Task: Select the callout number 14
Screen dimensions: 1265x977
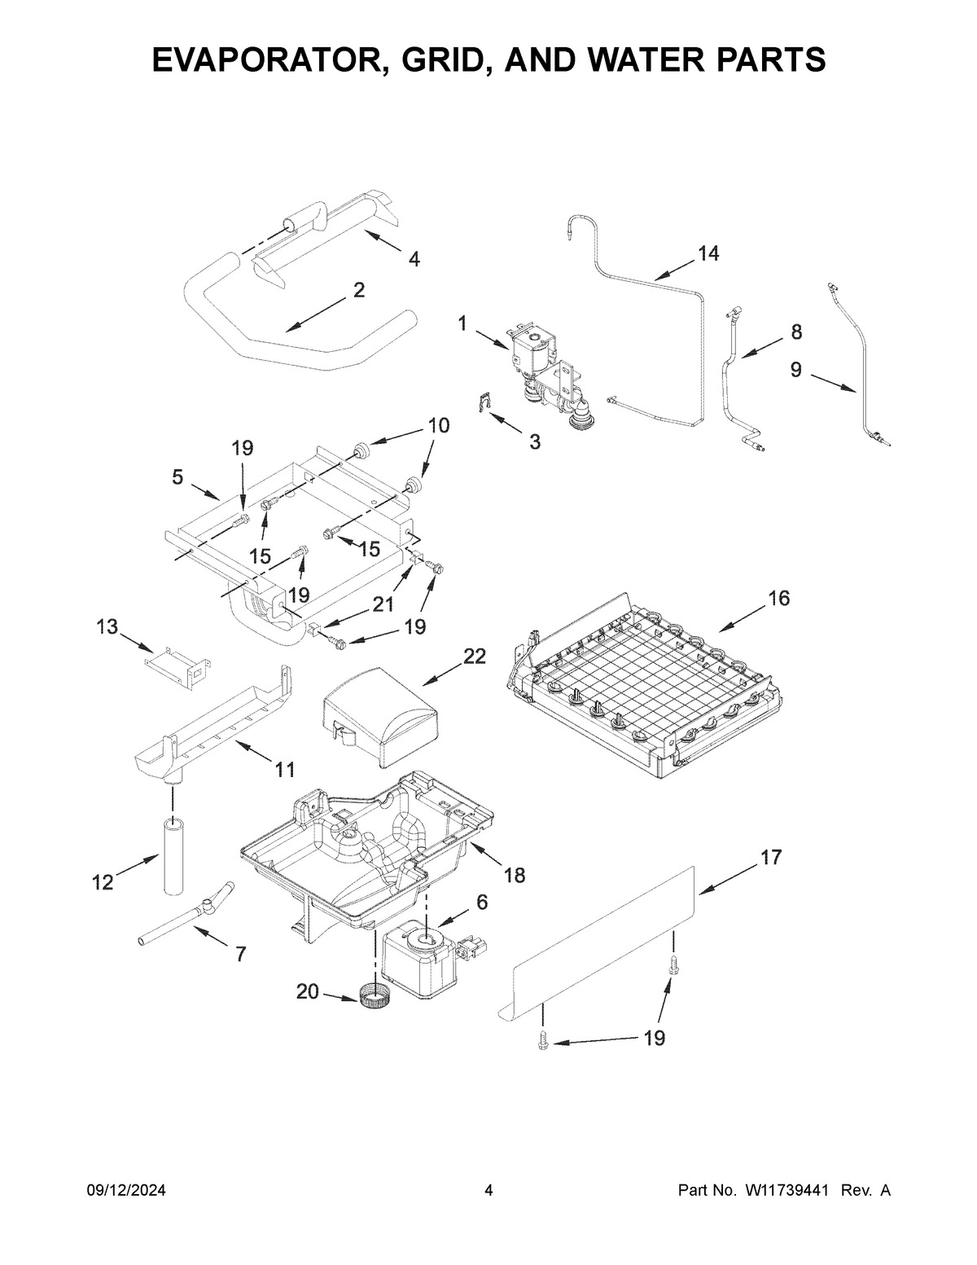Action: tap(708, 254)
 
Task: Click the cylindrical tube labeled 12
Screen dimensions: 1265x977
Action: tap(173, 857)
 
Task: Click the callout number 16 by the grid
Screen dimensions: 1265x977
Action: tap(778, 599)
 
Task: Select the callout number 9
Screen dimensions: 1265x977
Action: tap(795, 371)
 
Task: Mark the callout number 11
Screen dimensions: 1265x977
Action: tap(284, 768)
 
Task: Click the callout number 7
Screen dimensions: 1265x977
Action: tap(239, 955)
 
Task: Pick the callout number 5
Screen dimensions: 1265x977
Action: tap(177, 478)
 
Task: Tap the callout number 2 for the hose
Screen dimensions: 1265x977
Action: tap(358, 290)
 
